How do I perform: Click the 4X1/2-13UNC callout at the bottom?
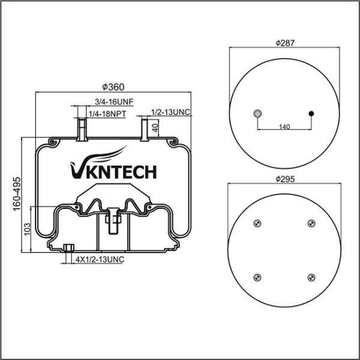coord(100,259)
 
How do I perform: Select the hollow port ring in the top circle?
coord(257,113)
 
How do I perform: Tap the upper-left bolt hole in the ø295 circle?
coord(257,224)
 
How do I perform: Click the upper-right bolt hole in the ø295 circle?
coord(311,224)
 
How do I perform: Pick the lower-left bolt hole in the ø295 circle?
coord(257,277)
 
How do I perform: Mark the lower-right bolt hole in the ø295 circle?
coord(311,277)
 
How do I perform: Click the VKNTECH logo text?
coord(113,171)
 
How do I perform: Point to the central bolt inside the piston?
coord(112,220)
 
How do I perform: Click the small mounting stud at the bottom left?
coord(68,248)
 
